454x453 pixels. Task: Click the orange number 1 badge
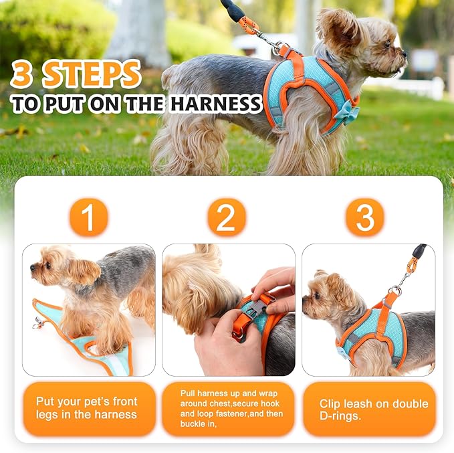point(88,217)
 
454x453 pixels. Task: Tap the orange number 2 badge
point(227,217)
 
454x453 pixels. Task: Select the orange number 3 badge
point(365,217)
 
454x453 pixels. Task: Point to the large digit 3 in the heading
point(23,76)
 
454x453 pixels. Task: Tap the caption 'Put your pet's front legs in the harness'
point(88,408)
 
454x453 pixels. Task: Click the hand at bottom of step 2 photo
point(221,348)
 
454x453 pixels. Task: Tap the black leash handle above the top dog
point(233,10)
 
